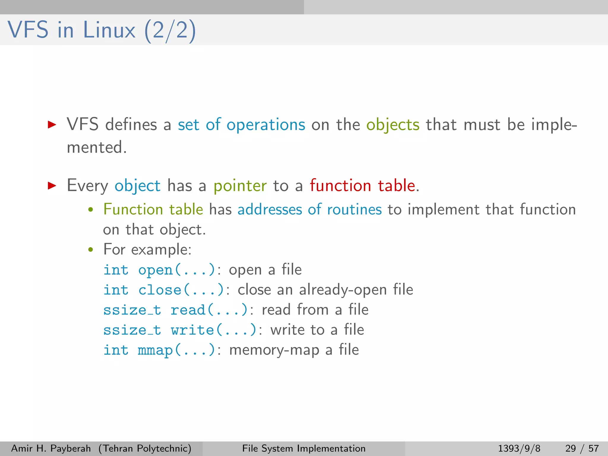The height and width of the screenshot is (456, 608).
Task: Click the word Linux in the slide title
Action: (109, 30)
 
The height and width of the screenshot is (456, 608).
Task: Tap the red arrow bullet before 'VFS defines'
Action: (52, 124)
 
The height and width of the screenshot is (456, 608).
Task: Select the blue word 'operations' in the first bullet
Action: (266, 125)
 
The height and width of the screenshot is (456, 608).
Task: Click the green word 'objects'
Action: (393, 125)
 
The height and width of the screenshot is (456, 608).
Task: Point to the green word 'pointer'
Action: (240, 186)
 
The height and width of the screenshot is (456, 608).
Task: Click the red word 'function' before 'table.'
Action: (340, 186)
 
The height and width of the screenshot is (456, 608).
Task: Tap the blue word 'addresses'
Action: (269, 209)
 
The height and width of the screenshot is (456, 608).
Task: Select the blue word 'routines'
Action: (354, 209)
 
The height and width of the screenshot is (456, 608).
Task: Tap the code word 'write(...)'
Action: (213, 330)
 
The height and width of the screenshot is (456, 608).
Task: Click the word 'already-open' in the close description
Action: (343, 290)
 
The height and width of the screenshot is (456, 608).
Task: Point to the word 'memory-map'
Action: (274, 350)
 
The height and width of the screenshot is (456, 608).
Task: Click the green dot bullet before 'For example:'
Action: (91, 250)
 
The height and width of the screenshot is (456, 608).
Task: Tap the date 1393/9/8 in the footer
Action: (519, 448)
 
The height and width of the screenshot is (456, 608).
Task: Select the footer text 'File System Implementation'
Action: (304, 448)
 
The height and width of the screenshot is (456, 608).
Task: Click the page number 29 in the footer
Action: (571, 448)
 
